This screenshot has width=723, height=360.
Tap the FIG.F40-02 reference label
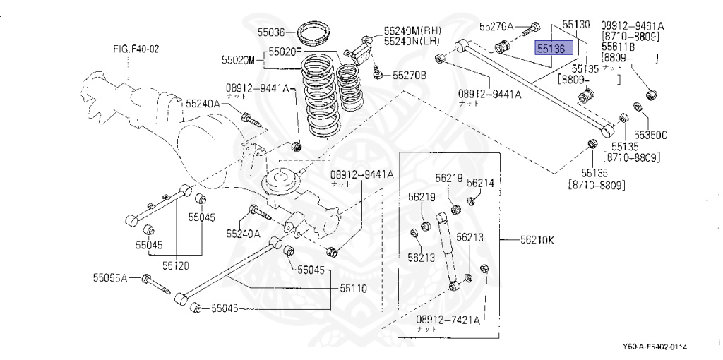136,49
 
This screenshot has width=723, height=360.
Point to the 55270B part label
410,74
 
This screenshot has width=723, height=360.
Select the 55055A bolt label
109,277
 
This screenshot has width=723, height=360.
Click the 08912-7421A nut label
448,320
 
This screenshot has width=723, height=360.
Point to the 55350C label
650,133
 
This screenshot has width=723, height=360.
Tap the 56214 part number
479,182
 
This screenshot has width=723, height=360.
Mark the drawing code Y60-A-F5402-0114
655,347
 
